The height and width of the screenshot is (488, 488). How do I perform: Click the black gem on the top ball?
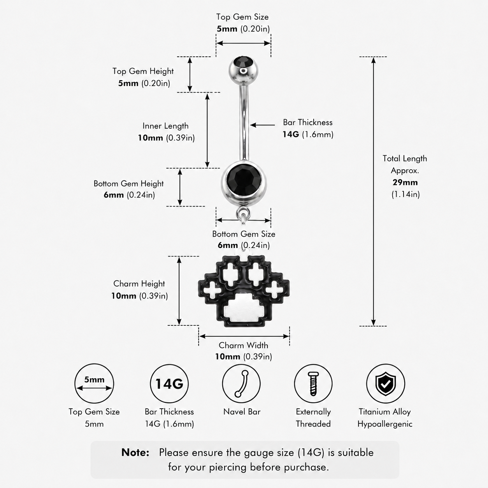[x=243, y=61]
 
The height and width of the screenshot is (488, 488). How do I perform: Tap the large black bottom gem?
[x=244, y=179]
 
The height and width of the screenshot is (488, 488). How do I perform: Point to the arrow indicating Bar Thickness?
[x=262, y=125]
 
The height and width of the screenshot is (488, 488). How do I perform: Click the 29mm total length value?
[x=405, y=182]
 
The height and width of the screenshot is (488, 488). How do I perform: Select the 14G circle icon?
[x=169, y=384]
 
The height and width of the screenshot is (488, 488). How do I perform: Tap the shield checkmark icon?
[x=385, y=383]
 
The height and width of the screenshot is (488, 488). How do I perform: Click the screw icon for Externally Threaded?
[x=313, y=383]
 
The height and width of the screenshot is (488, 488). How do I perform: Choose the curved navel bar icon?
[x=241, y=383]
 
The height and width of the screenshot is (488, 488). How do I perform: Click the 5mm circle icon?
[x=94, y=383]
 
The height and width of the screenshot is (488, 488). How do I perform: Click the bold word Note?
[x=135, y=453]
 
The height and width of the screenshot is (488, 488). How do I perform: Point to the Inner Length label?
[x=166, y=126]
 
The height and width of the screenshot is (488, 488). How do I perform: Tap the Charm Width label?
[x=243, y=345]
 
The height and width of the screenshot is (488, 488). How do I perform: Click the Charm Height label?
[x=139, y=284]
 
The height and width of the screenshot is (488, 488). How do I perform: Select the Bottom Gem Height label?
[x=129, y=183]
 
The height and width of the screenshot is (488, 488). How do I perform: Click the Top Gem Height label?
[x=143, y=71]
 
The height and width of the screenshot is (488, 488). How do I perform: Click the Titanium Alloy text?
[x=384, y=412]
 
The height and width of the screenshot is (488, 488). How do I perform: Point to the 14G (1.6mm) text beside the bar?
[x=308, y=134]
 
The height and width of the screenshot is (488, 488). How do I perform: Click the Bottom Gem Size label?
[x=244, y=234]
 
